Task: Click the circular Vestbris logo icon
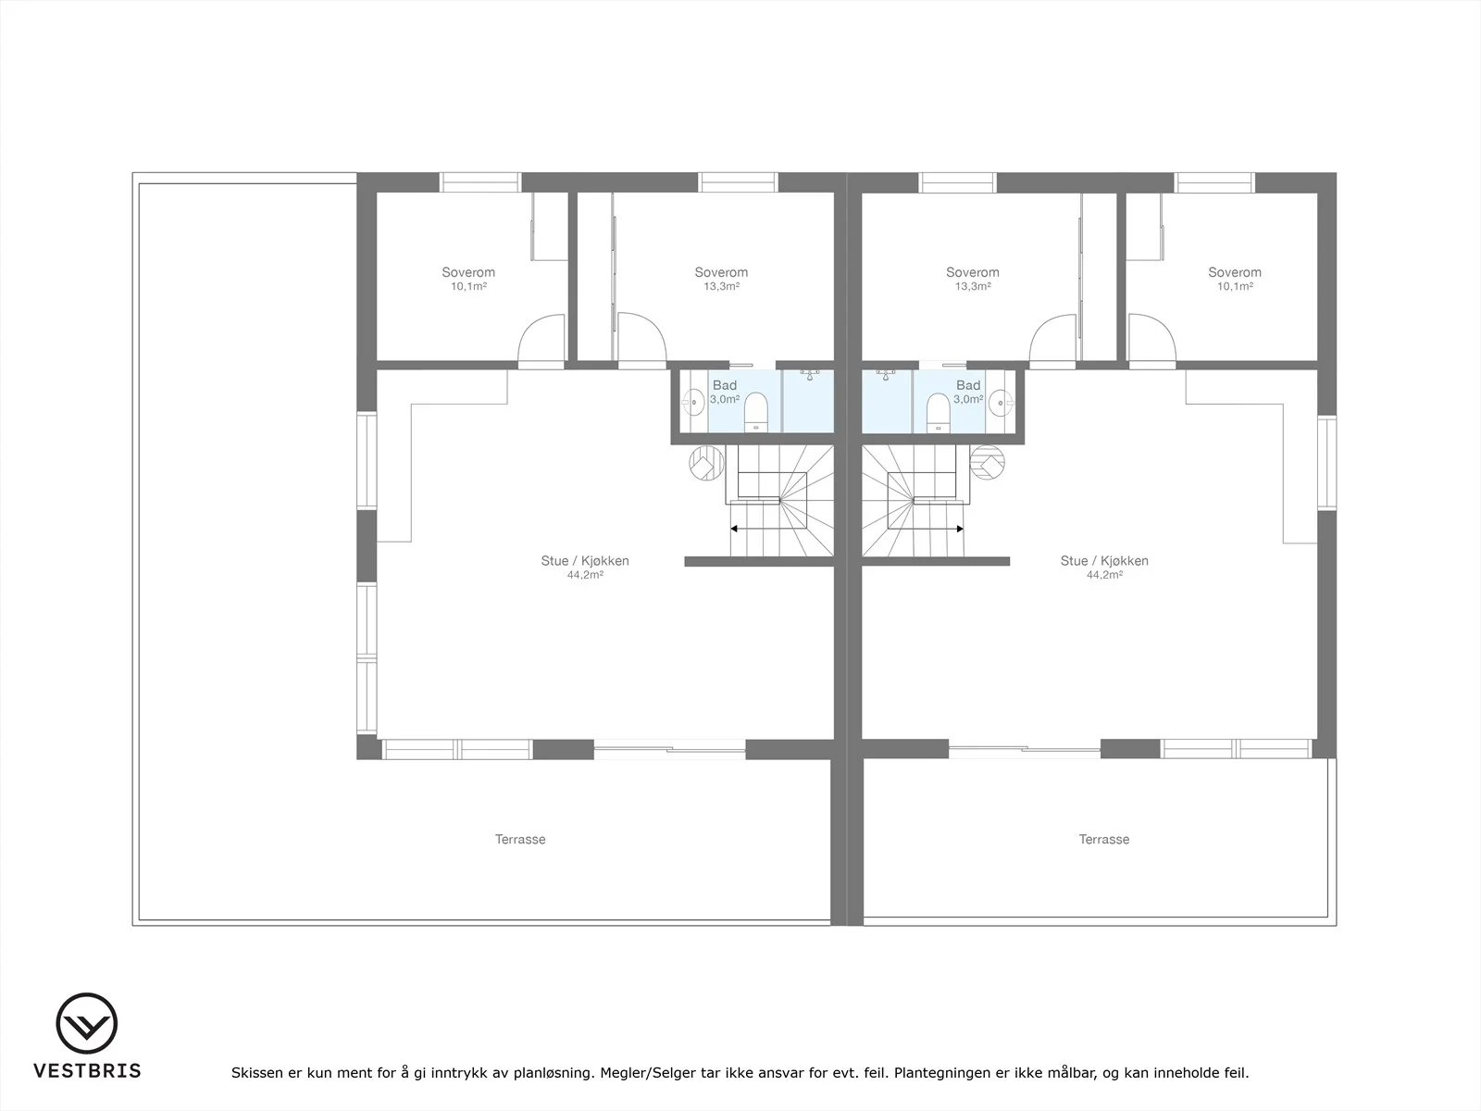pyautogui.click(x=87, y=1023)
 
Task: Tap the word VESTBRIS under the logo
pyautogui.click(x=87, y=1070)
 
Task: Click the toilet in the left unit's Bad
pyautogui.click(x=755, y=412)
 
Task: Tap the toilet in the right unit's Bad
pyautogui.click(x=938, y=412)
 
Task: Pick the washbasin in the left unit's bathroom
pyautogui.click(x=693, y=402)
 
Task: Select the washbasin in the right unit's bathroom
pyautogui.click(x=1002, y=403)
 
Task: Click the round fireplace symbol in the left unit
pyautogui.click(x=706, y=464)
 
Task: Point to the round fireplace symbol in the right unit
pyautogui.click(x=987, y=463)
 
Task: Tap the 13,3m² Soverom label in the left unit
pyautogui.click(x=721, y=278)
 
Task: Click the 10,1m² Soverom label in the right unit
pyautogui.click(x=1235, y=278)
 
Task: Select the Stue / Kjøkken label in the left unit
pyautogui.click(x=585, y=560)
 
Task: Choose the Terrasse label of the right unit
pyautogui.click(x=1104, y=839)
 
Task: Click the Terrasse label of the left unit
pyautogui.click(x=520, y=839)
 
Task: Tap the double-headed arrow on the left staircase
pyautogui.click(x=781, y=529)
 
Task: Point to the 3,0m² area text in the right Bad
pyautogui.click(x=968, y=399)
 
